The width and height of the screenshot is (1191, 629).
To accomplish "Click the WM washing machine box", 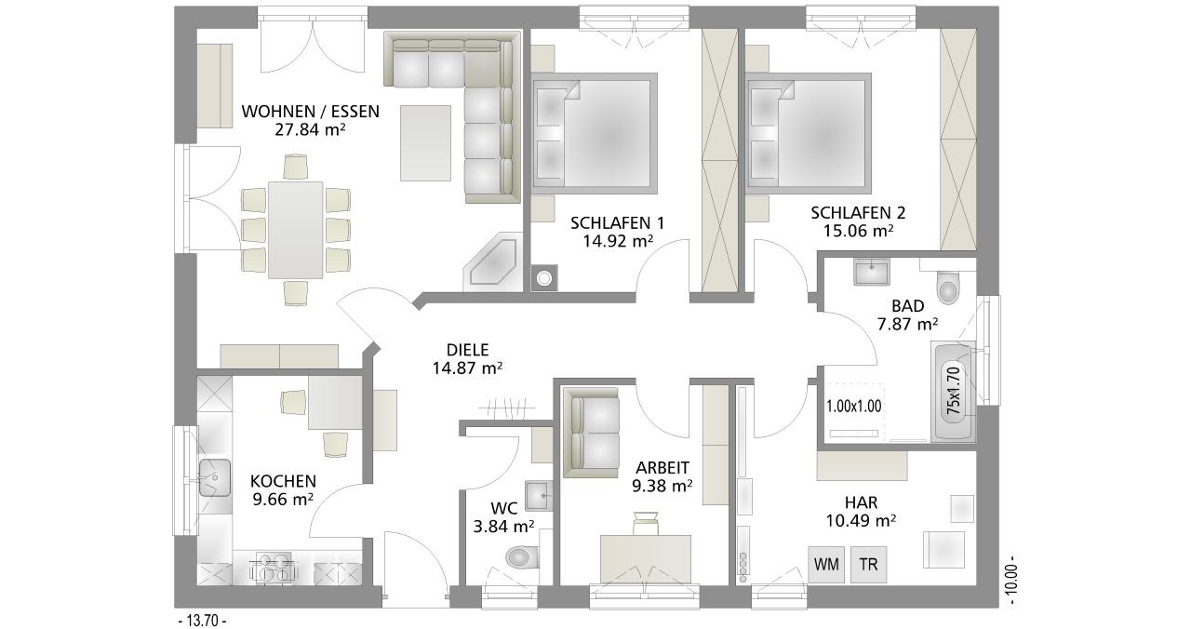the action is tap(826, 564).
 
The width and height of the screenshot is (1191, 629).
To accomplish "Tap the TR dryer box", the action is tap(869, 564).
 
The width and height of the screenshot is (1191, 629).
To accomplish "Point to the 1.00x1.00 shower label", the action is tap(854, 407).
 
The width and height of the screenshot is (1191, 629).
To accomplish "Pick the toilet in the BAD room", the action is tap(948, 288).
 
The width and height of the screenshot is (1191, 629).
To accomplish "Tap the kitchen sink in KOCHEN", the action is tap(215, 477).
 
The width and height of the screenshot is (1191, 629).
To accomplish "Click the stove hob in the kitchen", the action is tap(274, 568).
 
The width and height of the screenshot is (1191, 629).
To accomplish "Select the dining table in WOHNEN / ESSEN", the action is tap(296, 230).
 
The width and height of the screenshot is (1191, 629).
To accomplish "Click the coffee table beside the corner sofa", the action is tap(425, 143).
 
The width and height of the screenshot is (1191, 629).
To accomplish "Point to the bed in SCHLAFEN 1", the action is tap(595, 133).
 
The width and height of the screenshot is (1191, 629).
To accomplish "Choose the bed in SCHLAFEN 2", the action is tap(809, 133).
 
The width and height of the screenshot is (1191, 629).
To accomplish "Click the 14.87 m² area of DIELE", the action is tap(467, 368).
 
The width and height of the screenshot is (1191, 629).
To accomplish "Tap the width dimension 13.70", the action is tap(203, 620).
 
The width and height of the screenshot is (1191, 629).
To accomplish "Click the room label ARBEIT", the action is tap(662, 467).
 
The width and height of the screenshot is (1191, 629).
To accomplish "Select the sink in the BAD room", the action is tap(872, 272).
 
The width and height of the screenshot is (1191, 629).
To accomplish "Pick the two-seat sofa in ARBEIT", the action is tap(591, 433).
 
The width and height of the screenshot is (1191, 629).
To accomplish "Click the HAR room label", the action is tap(862, 502).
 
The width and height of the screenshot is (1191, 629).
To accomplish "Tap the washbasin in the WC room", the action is tap(539, 496).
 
